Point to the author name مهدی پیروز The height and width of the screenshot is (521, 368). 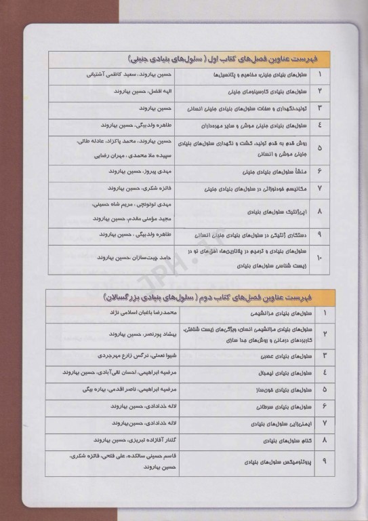click(x=161, y=172)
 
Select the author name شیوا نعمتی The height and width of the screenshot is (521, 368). click(x=161, y=355)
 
